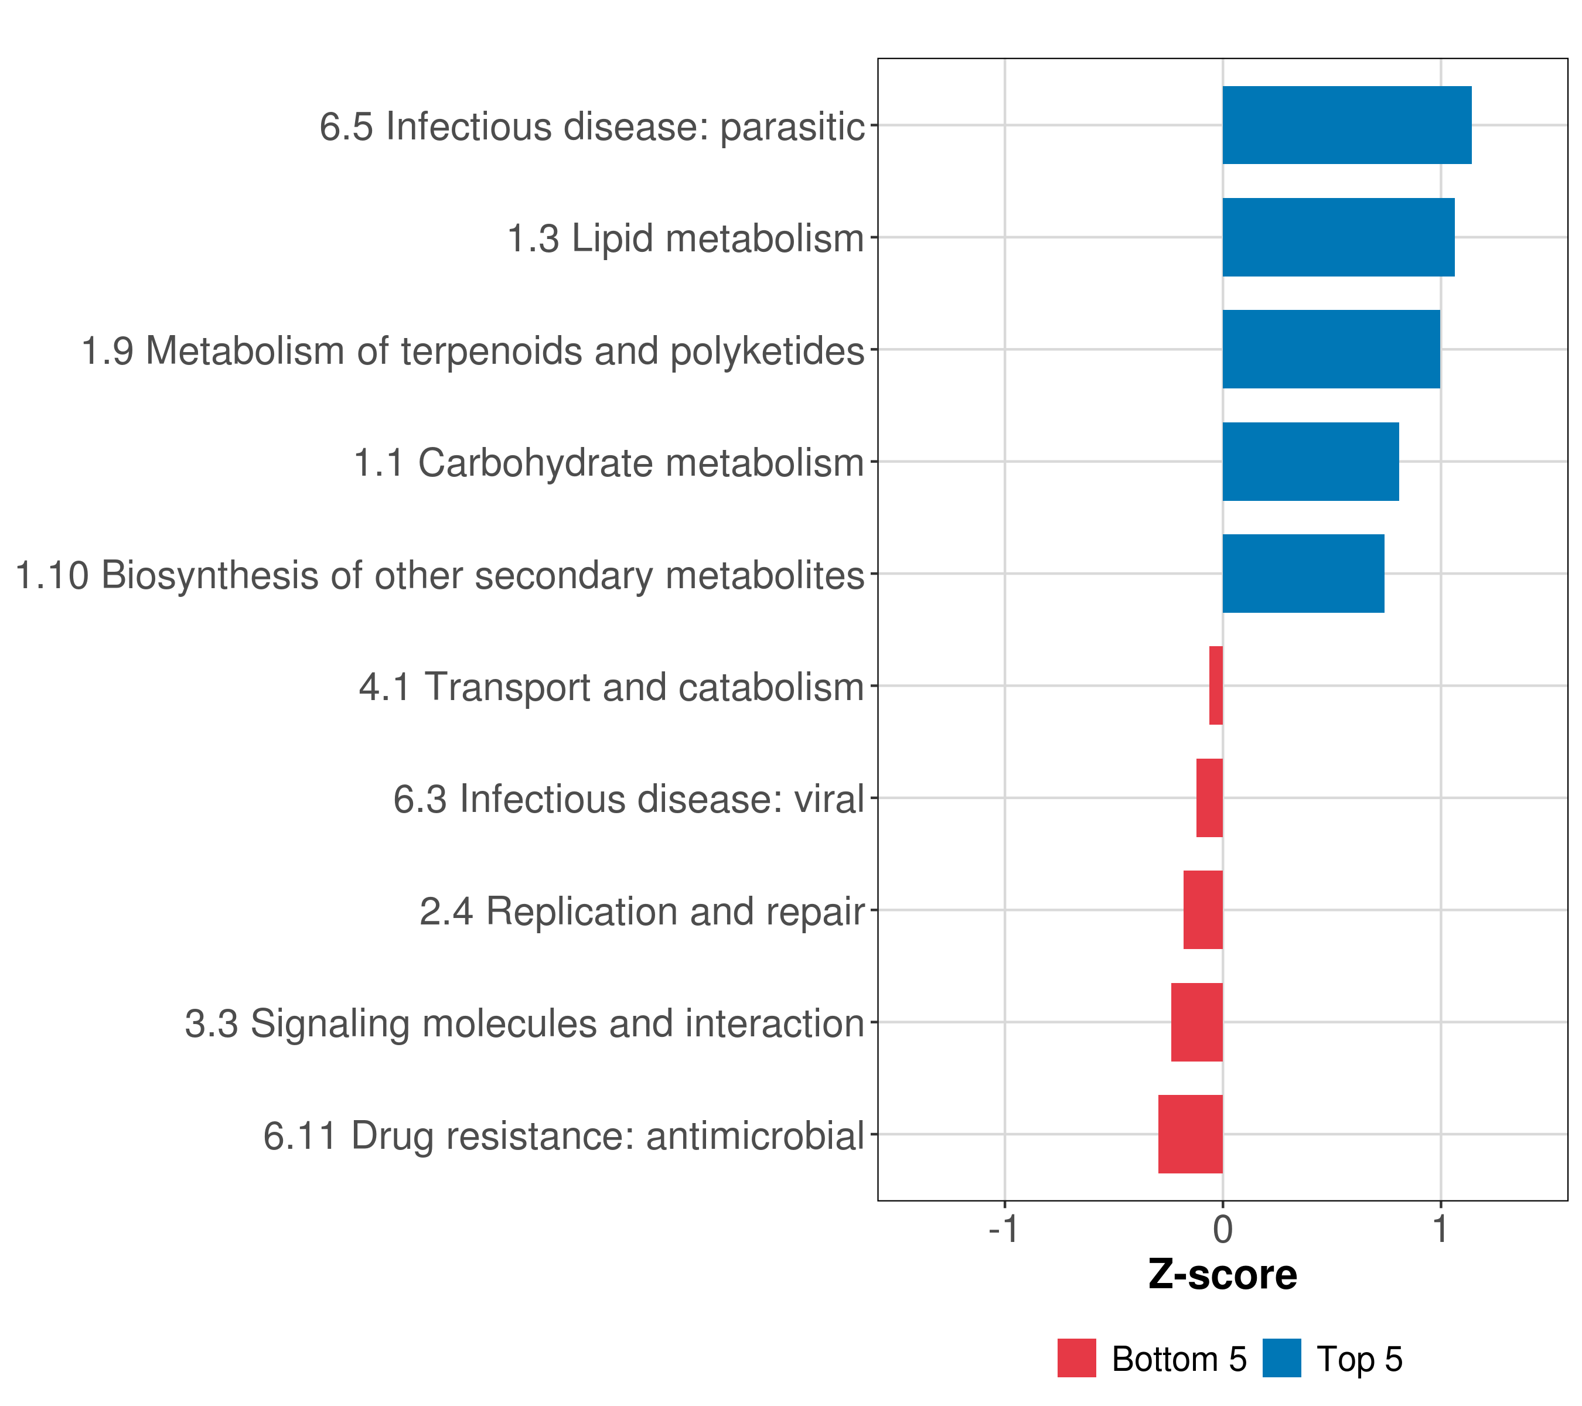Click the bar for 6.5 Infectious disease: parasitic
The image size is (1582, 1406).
(x=1346, y=125)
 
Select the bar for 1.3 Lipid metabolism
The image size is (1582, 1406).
(x=1338, y=238)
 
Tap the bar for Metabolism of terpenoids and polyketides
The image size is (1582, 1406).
(x=1331, y=350)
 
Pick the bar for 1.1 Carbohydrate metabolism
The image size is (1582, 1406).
(x=1311, y=462)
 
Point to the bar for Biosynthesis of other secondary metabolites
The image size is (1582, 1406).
(x=1303, y=574)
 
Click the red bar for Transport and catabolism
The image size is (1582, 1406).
(x=1216, y=685)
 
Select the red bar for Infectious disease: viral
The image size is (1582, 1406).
(x=1210, y=798)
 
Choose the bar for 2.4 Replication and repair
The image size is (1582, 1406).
(x=1203, y=910)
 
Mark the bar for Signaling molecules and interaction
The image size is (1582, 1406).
(x=1196, y=1022)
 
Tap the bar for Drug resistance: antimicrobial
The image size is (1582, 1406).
(x=1191, y=1134)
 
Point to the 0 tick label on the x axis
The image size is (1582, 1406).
(x=1223, y=1229)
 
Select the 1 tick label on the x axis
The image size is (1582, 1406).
(x=1440, y=1229)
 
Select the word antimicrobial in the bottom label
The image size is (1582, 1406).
(x=755, y=1136)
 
